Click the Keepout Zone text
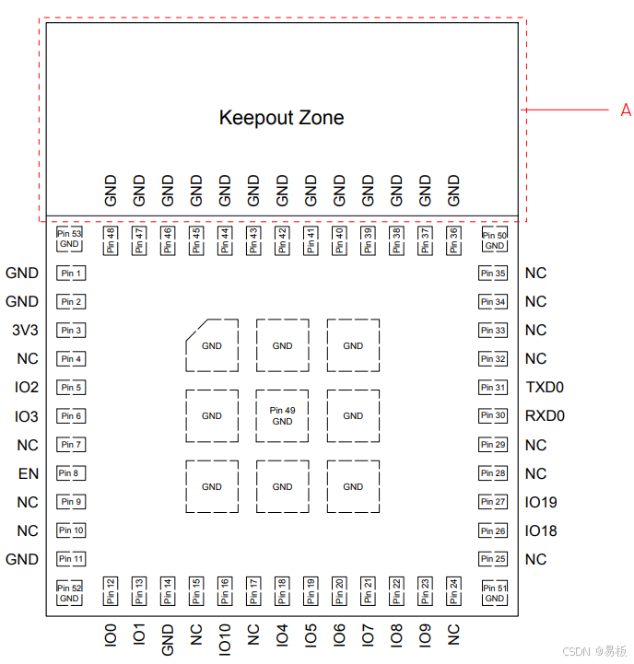(281, 118)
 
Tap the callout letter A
(626, 111)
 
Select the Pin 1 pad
(71, 274)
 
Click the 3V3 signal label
(26, 331)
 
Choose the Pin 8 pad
(71, 473)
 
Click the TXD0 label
(545, 388)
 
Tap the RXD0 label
(545, 416)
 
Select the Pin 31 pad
(493, 388)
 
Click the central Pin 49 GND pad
(282, 415)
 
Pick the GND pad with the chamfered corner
(212, 346)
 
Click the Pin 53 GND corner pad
(70, 239)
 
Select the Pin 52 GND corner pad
(70, 593)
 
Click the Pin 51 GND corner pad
(495, 593)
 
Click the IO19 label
(541, 503)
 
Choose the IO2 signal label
(27, 388)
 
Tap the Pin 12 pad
(111, 589)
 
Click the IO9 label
(425, 634)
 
